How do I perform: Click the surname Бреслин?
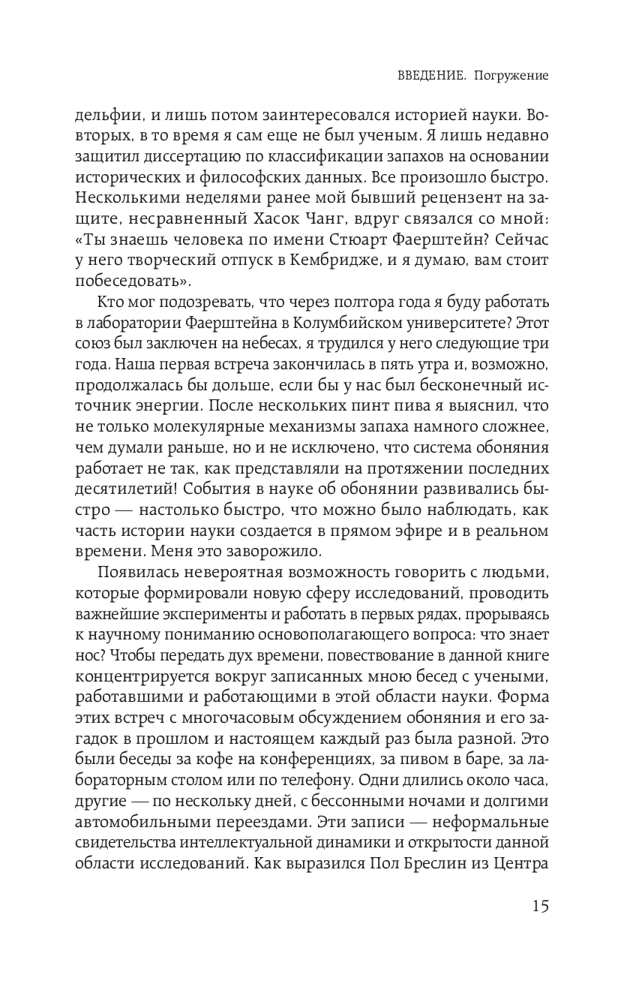click(424, 842)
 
